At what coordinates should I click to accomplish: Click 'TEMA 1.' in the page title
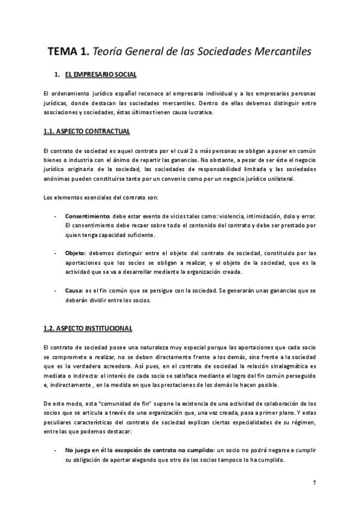68,52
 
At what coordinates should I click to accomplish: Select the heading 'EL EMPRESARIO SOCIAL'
101,75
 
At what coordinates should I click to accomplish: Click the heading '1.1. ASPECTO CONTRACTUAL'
86,131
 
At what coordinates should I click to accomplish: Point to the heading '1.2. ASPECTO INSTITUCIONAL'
88,328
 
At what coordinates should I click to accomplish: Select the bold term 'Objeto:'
76,253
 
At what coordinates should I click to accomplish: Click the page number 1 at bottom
314,482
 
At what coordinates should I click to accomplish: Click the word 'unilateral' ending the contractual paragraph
295,179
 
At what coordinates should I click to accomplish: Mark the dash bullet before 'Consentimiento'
56,215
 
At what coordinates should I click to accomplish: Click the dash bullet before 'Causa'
56,291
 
